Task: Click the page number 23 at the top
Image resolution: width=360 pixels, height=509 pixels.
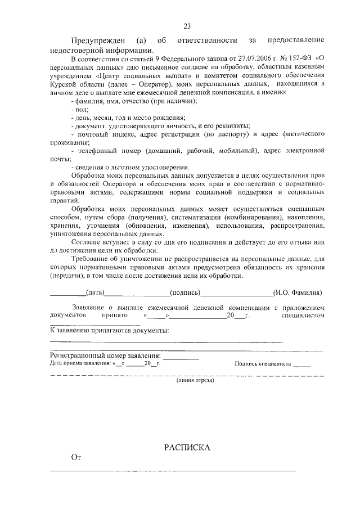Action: (187, 25)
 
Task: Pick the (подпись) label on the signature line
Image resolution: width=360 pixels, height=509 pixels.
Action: (184, 292)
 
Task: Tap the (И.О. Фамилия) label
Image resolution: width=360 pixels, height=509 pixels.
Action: (298, 292)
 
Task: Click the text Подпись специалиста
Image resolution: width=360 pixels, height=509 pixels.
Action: (263, 364)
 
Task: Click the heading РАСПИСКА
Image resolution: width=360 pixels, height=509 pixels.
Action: (187, 448)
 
